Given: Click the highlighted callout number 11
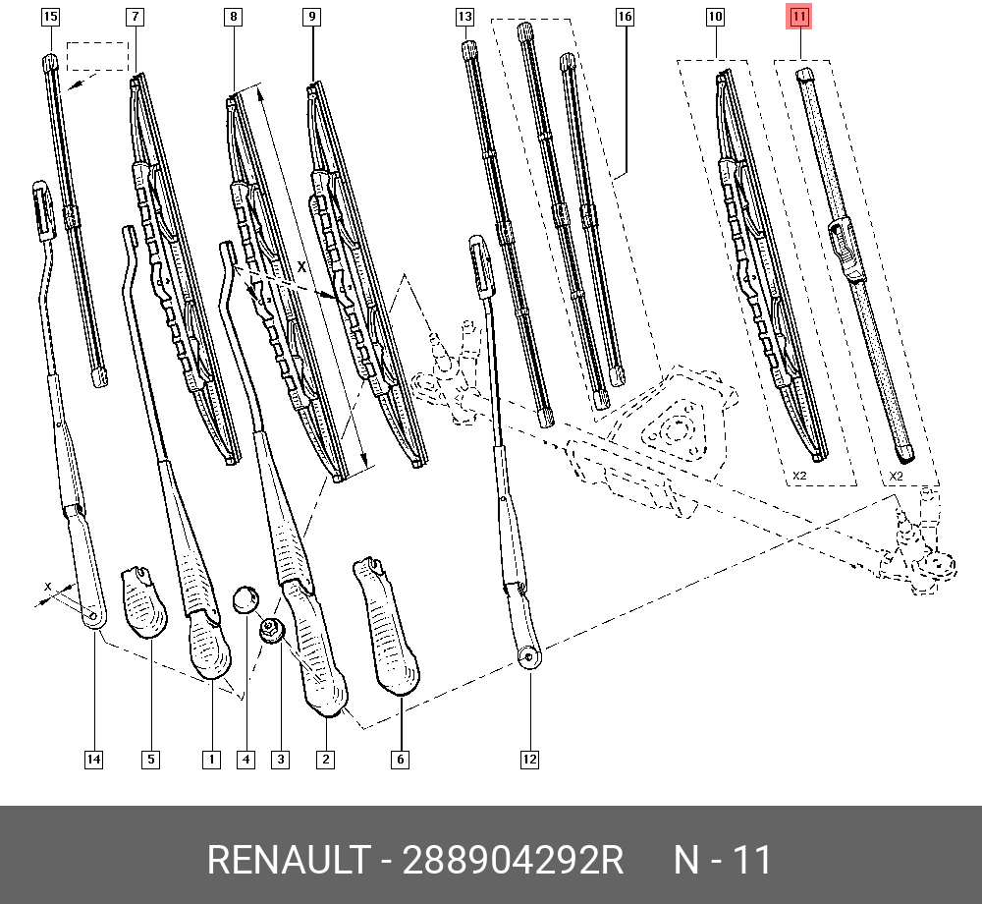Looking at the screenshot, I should [799, 17].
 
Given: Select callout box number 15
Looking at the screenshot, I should [50, 17].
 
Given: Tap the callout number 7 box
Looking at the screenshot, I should [135, 17].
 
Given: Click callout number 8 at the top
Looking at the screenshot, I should [233, 17].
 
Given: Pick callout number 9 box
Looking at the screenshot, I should [311, 17].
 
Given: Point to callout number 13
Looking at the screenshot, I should [464, 17].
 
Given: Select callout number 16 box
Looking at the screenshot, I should [625, 17].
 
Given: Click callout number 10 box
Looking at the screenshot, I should [715, 17].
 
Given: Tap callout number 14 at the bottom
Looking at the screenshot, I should [92, 759].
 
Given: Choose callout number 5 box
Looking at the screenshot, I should [150, 759].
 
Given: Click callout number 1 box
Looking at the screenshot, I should [210, 759].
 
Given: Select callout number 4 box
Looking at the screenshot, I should [245, 759].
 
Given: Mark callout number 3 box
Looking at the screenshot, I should [281, 759].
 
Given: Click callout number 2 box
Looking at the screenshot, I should [325, 759].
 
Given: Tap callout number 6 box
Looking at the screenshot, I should [400, 759].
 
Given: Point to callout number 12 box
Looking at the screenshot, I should [529, 759].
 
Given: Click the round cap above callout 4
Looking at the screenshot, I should [245, 598].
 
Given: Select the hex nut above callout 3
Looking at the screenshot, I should [272, 629].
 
